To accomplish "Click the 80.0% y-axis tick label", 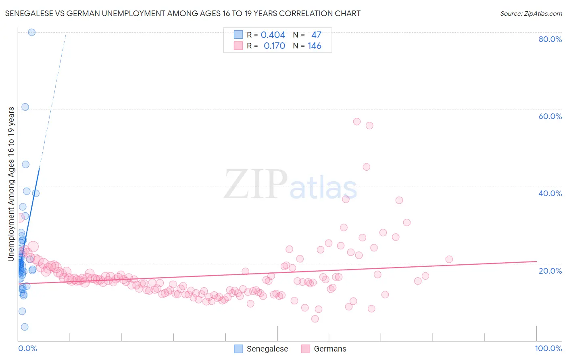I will click(x=550, y=39).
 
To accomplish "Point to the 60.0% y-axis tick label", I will click(x=550, y=116).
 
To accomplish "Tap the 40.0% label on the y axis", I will click(x=550, y=193).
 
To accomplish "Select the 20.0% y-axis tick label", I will click(x=550, y=270).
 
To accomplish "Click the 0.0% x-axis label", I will click(x=27, y=348).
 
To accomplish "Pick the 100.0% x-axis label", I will click(x=548, y=348).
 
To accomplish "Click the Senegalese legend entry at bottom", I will click(x=267, y=349).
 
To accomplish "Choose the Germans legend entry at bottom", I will click(x=330, y=349).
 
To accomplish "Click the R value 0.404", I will click(x=273, y=35).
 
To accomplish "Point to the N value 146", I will click(x=315, y=46).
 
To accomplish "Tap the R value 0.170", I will click(x=274, y=46).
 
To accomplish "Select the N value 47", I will click(x=316, y=35).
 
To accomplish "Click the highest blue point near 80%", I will click(x=32, y=32).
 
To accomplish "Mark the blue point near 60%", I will click(x=25, y=107).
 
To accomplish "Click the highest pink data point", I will click(x=357, y=121).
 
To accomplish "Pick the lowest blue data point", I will click(x=25, y=327).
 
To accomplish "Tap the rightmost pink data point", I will click(x=449, y=260).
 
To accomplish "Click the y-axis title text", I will click(x=11, y=184).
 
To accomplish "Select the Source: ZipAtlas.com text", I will click(x=531, y=13).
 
